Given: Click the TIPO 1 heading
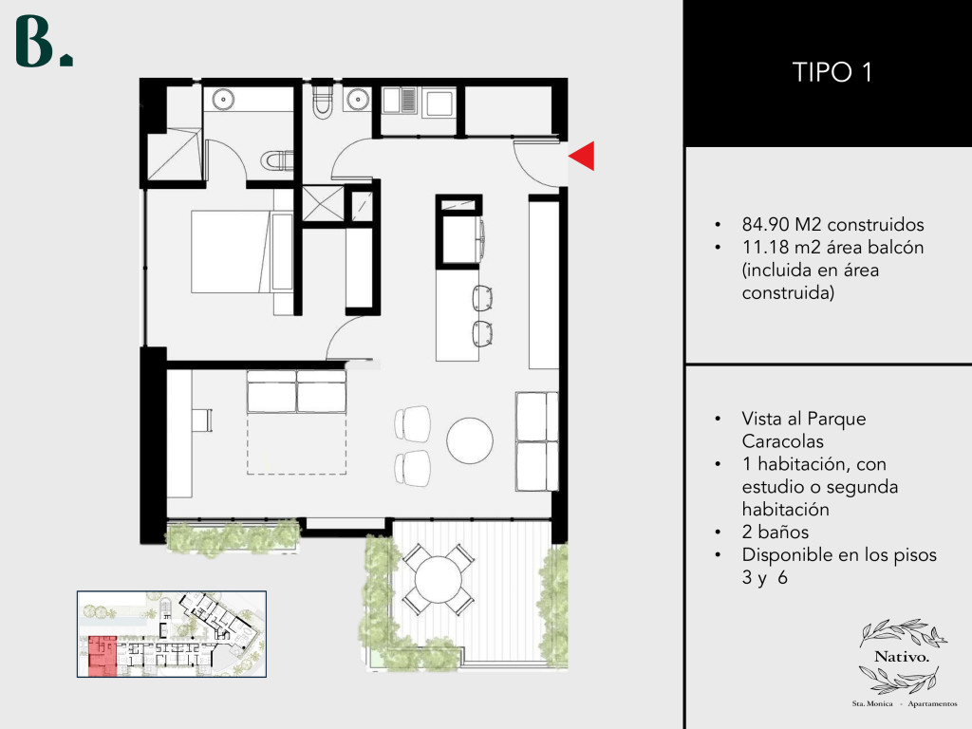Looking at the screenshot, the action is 832,72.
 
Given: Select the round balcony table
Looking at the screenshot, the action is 439,580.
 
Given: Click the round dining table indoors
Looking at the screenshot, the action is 470,440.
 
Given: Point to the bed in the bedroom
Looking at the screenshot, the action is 242,251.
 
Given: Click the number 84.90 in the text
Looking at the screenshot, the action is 765,224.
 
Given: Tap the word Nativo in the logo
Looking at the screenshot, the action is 902,657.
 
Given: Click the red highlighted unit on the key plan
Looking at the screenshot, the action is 102,656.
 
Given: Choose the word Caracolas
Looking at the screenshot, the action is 782,441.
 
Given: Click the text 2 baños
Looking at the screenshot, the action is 775,532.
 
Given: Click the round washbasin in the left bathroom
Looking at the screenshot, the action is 222,99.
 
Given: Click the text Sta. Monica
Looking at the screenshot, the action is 872,703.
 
